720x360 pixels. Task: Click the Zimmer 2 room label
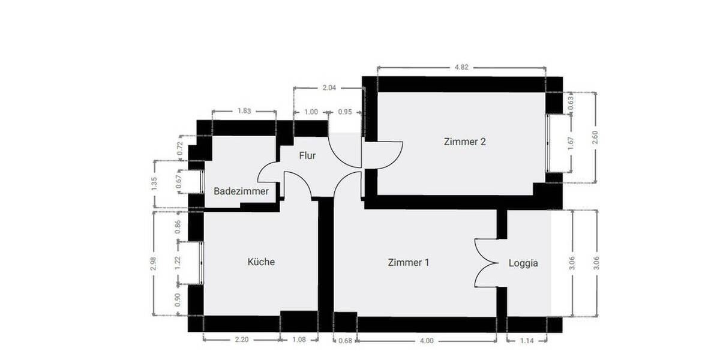pyautogui.click(x=464, y=142)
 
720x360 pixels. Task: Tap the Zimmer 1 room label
pyautogui.click(x=408, y=262)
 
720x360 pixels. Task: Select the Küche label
pyautogui.click(x=261, y=262)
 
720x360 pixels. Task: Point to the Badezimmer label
pyautogui.click(x=241, y=191)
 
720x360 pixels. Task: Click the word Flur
pyautogui.click(x=307, y=155)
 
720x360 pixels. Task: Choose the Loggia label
pyautogui.click(x=523, y=263)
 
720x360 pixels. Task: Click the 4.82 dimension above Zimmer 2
pyautogui.click(x=461, y=67)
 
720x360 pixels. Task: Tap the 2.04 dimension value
pyautogui.click(x=329, y=88)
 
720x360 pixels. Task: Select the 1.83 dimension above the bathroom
pyautogui.click(x=244, y=111)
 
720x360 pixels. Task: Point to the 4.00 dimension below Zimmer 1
pyautogui.click(x=426, y=341)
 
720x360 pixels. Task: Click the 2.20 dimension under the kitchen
pyautogui.click(x=241, y=340)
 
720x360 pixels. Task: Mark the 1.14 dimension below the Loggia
pyautogui.click(x=527, y=341)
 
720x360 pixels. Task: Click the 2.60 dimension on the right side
pyautogui.click(x=595, y=137)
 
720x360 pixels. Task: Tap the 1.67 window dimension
pyautogui.click(x=571, y=142)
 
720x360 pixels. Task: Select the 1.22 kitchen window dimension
pyautogui.click(x=178, y=262)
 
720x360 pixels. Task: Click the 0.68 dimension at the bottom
pyautogui.click(x=345, y=341)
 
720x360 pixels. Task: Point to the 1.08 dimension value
pyautogui.click(x=299, y=340)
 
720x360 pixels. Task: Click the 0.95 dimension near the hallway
pyautogui.click(x=345, y=112)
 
